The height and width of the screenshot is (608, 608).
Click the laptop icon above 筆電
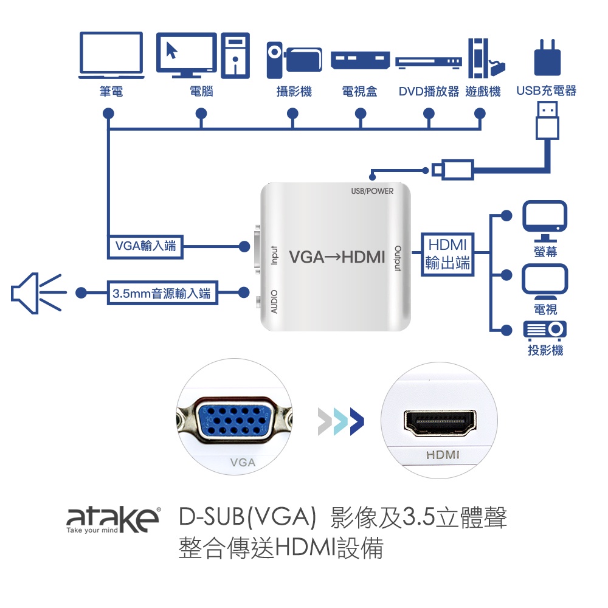(x=111, y=55)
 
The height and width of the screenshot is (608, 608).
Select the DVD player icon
(x=428, y=61)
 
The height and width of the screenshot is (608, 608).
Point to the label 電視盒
(x=359, y=92)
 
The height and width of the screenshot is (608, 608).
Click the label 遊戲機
(x=483, y=92)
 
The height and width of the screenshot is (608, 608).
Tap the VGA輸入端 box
(x=145, y=246)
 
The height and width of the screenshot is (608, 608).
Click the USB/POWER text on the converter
(x=372, y=192)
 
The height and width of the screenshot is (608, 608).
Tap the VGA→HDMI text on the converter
(x=337, y=257)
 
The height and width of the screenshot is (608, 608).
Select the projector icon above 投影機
(x=545, y=330)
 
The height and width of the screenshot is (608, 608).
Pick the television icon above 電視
(x=545, y=280)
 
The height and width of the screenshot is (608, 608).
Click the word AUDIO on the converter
(x=274, y=302)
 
